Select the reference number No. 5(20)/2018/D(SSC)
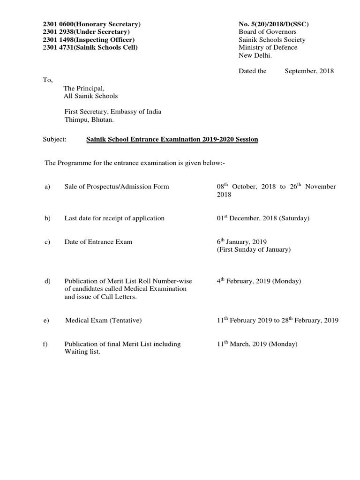point(274,24)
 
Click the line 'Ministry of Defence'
point(268,47)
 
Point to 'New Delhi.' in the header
point(255,55)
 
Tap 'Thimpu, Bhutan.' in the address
point(89,120)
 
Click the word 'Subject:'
point(55,140)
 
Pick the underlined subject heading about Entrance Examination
point(172,140)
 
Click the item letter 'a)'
point(47,187)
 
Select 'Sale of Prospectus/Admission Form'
point(117,187)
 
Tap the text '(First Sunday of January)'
point(254,250)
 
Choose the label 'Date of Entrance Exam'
point(98,242)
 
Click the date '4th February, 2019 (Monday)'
point(259,281)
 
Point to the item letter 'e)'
point(47,321)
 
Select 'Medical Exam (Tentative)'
point(104,321)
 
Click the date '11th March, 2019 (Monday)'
point(257,344)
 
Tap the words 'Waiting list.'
point(82,352)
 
